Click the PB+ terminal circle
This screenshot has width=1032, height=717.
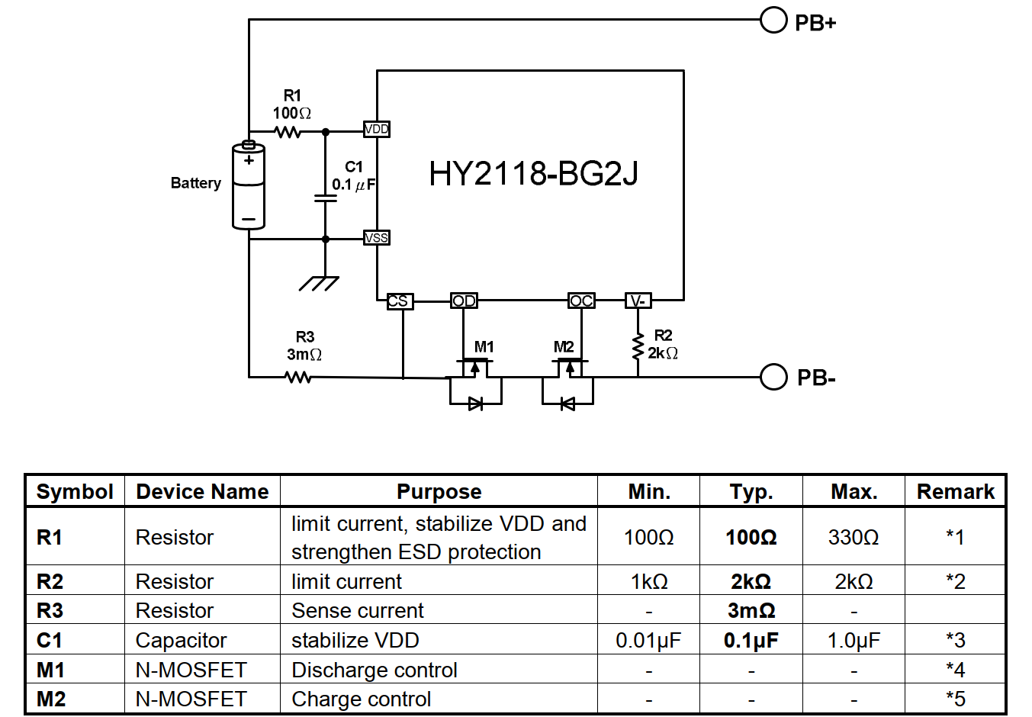point(773,20)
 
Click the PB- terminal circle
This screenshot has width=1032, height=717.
point(773,377)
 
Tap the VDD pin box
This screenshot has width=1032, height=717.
point(376,129)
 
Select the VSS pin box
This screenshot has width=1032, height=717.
point(376,238)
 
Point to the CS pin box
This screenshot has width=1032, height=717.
point(400,301)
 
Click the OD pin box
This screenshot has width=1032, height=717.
point(464,301)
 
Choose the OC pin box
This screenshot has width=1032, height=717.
point(581,301)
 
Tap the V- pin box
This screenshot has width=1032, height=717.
point(638,301)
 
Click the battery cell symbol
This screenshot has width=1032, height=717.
point(249,185)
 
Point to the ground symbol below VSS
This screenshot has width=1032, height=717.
point(319,284)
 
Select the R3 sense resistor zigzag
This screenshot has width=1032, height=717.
point(298,378)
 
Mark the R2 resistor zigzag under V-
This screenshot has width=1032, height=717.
point(638,347)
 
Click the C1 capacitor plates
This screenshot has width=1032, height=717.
point(325,198)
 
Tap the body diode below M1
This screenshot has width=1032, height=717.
point(475,404)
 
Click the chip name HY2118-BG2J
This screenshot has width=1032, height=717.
point(533,174)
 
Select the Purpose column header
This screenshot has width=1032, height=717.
point(439,492)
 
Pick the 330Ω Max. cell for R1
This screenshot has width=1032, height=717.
point(854,537)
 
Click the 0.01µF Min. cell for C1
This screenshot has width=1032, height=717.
point(648,640)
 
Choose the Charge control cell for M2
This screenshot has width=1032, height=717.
point(362,699)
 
